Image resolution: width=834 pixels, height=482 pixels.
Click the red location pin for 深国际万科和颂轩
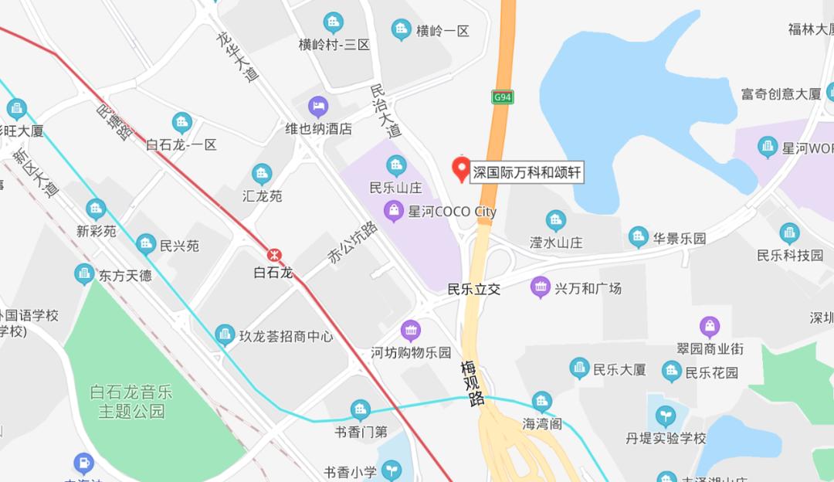[461, 169]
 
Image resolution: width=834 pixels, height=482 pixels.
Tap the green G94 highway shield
[503, 97]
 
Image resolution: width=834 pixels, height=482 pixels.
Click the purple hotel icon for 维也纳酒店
[318, 106]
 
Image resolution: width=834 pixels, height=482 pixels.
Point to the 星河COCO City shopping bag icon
[395, 210]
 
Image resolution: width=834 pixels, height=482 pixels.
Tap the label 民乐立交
[474, 290]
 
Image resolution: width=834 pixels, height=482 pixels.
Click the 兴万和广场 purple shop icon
[541, 287]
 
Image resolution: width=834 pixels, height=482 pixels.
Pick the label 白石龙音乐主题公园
[132, 402]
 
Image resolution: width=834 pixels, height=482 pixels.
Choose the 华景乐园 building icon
[638, 237]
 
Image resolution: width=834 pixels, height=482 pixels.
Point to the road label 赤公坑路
[352, 243]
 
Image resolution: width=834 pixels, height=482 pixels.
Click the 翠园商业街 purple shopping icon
[710, 327]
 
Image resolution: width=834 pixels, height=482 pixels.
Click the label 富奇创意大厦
[781, 94]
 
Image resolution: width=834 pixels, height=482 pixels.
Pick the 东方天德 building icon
[85, 274]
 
